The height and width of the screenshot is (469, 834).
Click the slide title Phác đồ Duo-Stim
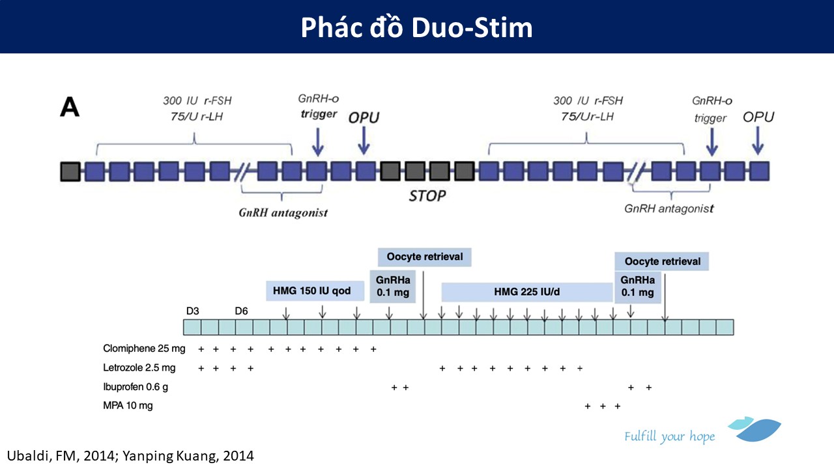click(416, 27)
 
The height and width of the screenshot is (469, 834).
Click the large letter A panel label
click(70, 107)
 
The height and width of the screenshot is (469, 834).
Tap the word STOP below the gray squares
click(427, 196)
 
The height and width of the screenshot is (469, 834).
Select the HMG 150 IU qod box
click(315, 291)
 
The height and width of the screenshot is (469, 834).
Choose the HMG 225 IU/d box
click(527, 292)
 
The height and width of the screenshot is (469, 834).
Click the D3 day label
click(192, 311)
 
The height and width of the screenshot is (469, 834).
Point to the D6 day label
click(241, 311)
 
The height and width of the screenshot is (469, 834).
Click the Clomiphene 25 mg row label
click(144, 348)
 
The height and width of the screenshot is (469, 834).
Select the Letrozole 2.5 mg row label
click(139, 368)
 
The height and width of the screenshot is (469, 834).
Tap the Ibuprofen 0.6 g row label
click(136, 387)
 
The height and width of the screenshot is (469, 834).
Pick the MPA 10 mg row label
click(128, 405)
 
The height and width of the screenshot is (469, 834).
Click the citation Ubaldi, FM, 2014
click(61, 456)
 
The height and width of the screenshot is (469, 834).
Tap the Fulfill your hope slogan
click(669, 436)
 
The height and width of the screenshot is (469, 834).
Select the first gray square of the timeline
click(70, 171)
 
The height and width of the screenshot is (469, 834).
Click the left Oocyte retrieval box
click(424, 257)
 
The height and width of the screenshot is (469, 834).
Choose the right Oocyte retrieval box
click(661, 261)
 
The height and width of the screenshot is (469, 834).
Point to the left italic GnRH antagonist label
click(283, 212)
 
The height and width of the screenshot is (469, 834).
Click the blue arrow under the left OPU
click(364, 141)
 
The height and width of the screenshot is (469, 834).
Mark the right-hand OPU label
click(758, 117)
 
